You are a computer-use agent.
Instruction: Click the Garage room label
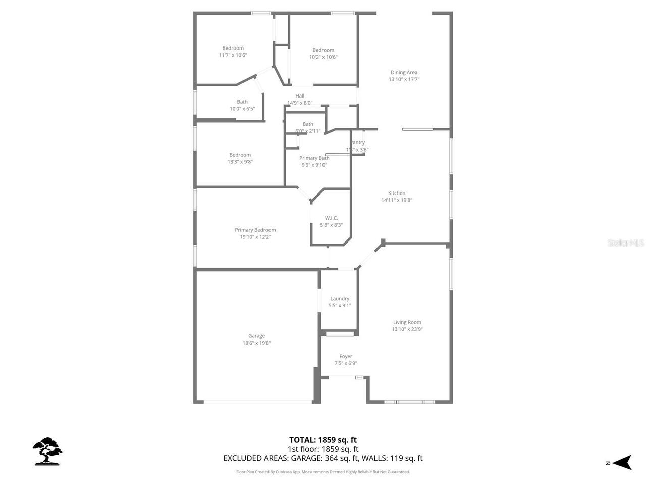(256, 336)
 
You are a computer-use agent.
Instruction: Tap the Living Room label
(407, 322)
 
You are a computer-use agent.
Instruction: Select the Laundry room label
(340, 299)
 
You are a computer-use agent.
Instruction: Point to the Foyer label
(346, 356)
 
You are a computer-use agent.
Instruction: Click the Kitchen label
(397, 193)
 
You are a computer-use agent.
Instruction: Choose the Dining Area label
(404, 72)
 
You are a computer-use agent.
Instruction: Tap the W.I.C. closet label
(331, 218)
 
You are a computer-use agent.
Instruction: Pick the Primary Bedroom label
(255, 230)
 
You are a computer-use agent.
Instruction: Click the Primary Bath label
(314, 158)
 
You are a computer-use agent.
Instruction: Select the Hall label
(300, 96)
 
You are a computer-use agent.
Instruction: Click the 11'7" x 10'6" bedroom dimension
(233, 55)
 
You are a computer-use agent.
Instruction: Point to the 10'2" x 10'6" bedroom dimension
(323, 57)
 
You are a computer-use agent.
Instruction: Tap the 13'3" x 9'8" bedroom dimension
(240, 162)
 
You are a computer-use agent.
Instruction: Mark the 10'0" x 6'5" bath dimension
(242, 109)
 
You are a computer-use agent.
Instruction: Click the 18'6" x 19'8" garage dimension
(256, 343)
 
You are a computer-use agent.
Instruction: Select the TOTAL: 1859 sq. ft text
(322, 440)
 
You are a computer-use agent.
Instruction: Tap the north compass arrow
(624, 462)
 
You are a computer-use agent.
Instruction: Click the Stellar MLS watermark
(626, 243)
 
